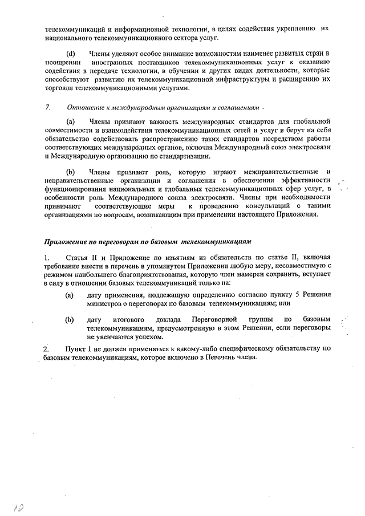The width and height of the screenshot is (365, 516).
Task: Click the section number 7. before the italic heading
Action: [x=47, y=107]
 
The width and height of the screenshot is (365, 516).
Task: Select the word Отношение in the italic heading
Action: [x=85, y=107]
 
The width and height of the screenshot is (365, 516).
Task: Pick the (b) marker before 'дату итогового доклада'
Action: [x=70, y=319]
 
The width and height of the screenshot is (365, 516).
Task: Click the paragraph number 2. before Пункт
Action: [x=47, y=348]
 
